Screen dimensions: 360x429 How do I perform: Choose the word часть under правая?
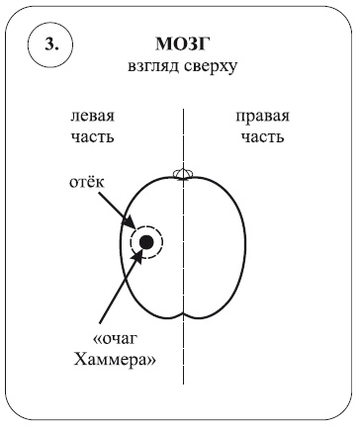click(x=262, y=135)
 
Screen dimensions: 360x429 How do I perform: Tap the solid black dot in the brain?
click(x=145, y=241)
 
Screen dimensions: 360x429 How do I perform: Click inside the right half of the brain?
click(x=213, y=247)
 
